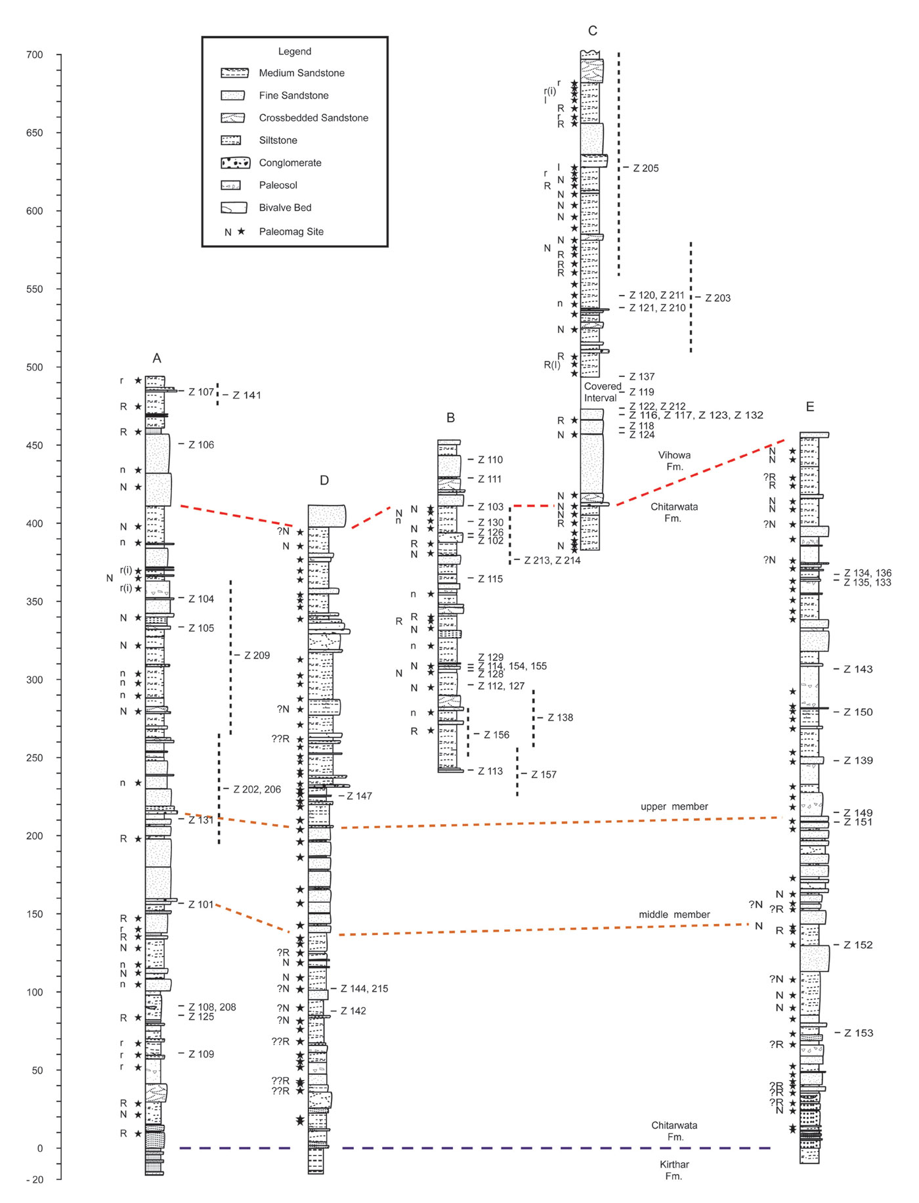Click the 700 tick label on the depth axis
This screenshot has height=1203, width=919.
click(x=35, y=55)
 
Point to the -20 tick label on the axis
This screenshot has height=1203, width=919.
click(x=35, y=1180)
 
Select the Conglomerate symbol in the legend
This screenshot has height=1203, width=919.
click(x=236, y=163)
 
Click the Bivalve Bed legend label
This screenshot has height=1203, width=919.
click(x=285, y=208)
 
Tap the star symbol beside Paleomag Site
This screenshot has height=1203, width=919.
click(x=242, y=231)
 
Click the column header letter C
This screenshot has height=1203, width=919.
click(x=593, y=31)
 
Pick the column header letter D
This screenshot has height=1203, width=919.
click(x=324, y=481)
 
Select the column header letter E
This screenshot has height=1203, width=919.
click(x=810, y=407)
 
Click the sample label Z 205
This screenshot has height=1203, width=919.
click(x=646, y=168)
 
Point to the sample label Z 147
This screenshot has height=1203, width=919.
click(x=359, y=796)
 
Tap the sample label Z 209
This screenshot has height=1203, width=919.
click(x=257, y=655)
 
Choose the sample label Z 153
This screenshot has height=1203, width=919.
click(x=859, y=1033)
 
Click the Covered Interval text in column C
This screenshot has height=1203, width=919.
click(x=602, y=392)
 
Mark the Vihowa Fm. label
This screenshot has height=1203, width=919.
click(x=674, y=460)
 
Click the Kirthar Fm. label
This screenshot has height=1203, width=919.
click(x=674, y=1170)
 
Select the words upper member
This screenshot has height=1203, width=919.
click(x=674, y=806)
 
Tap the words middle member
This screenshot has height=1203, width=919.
click(x=674, y=914)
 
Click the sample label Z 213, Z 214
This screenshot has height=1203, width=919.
click(x=552, y=560)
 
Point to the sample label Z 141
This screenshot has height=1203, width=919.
click(x=247, y=395)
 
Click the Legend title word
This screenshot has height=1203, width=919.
click(x=295, y=51)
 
